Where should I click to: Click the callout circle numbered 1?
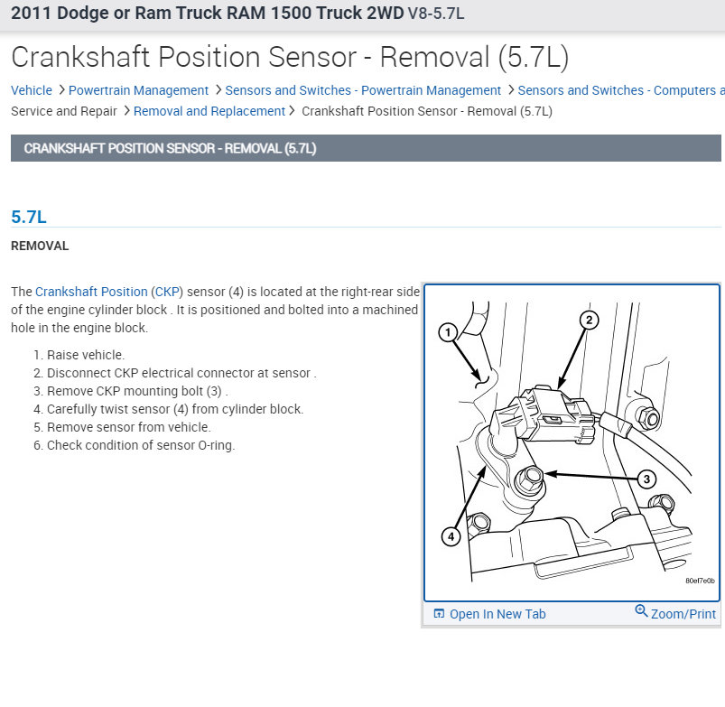pos(448,332)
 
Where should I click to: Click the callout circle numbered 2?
pos(588,320)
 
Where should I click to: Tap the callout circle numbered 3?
pos(646,479)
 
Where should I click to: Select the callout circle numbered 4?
pos(451,536)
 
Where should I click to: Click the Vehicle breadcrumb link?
pos(31,90)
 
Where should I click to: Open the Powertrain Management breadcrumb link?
pos(138,90)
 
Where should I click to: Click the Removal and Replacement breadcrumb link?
pos(209,111)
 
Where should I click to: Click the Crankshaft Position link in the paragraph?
pos(91,292)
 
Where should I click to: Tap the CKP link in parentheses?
pos(167,292)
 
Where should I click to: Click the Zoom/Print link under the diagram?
pos(683,614)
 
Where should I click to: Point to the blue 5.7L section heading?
pos(29,217)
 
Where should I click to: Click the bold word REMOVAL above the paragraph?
pos(40,246)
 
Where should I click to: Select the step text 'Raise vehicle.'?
pos(86,355)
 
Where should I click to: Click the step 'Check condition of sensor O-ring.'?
pos(140,445)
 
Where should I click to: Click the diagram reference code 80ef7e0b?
pos(699,581)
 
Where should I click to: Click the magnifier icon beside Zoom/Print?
pos(641,611)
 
